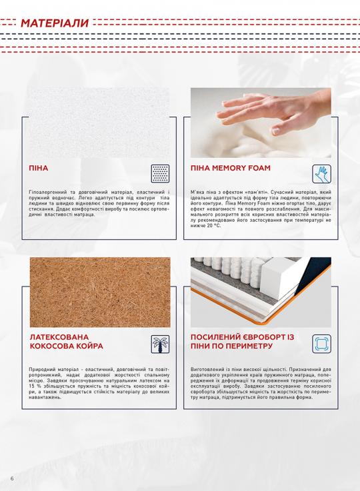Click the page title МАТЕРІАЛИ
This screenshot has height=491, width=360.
55,23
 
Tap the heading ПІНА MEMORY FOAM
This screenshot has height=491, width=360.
230,168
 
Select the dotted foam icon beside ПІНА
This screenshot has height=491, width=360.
160,173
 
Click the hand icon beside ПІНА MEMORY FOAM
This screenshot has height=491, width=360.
321,174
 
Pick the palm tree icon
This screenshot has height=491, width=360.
160,344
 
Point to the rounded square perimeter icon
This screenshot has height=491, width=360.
321,344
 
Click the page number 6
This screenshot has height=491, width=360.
12,479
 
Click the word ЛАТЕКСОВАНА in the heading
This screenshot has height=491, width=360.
59,337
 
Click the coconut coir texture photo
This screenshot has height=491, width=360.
100,292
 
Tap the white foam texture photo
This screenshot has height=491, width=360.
99,122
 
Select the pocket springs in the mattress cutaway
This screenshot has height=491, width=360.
231,268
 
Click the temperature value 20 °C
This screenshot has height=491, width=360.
213,225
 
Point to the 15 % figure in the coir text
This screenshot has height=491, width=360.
33,386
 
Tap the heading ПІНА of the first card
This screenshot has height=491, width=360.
39,169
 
